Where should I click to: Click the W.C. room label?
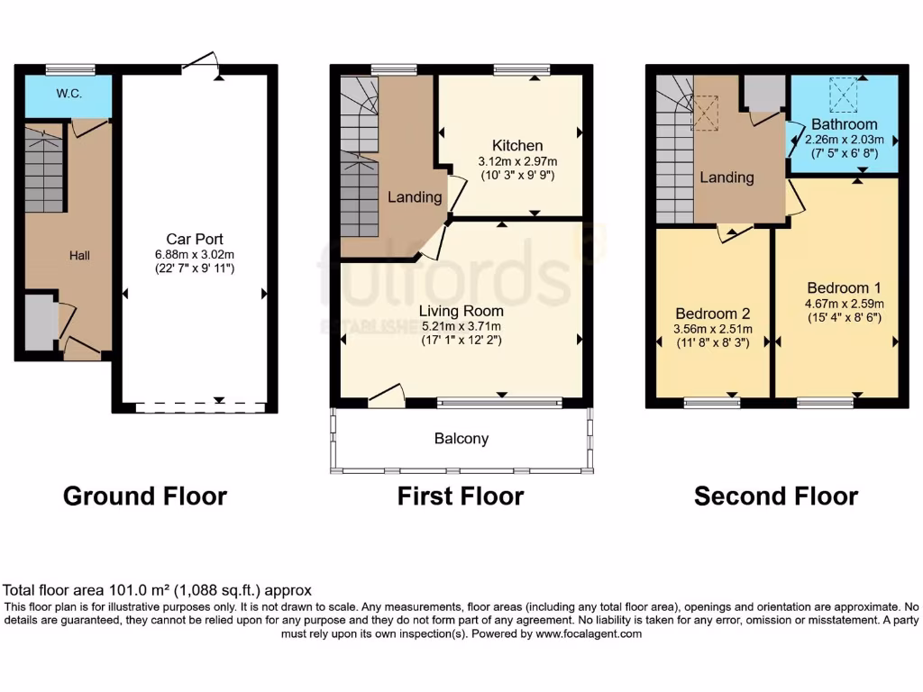69,93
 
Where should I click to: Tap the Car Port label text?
194,239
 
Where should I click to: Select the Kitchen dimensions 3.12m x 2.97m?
517,162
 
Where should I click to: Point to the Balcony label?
461,439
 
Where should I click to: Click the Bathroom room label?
844,124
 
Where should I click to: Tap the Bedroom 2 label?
712,314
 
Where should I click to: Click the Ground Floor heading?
145,496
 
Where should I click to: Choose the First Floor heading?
461,496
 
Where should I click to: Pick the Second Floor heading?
776,496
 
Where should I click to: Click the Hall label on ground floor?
80,256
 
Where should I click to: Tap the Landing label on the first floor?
415,196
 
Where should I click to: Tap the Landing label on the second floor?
727,178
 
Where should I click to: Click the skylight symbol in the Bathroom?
844,91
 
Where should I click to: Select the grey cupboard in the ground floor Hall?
41,322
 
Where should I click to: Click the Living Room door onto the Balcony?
386,396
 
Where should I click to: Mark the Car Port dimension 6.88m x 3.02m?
194,254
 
